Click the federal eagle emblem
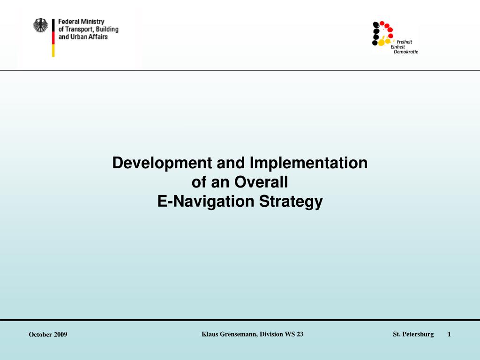40,25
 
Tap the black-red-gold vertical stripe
53,38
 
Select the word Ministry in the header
92,22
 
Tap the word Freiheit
405,41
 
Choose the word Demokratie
406,52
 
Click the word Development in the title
162,163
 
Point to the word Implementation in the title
309,163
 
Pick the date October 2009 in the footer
48,334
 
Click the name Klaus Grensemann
229,334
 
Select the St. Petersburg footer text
413,334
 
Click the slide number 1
449,334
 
